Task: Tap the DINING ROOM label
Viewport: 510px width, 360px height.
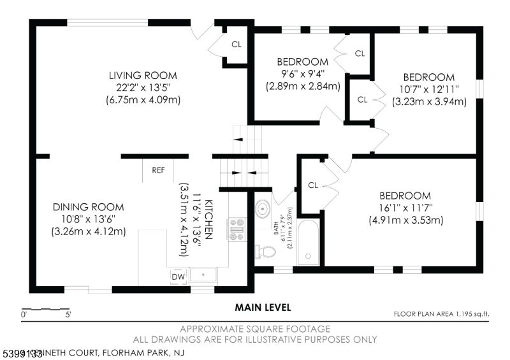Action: (x=89, y=207)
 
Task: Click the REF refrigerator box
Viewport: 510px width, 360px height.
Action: (x=158, y=170)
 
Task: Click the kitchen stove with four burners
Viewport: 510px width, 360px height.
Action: (x=237, y=229)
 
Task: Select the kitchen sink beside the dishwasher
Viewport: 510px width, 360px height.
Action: (x=203, y=276)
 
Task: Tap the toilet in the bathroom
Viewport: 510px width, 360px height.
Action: (x=265, y=252)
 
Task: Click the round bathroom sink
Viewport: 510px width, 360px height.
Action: (x=264, y=209)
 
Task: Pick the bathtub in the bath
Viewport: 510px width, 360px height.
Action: (x=309, y=242)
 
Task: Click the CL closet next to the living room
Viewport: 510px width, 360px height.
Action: (x=236, y=45)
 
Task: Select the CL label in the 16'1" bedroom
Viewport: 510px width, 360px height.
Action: (x=312, y=185)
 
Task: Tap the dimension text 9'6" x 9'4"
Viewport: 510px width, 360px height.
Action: (x=303, y=73)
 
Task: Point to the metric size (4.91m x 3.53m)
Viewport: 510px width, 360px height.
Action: (x=405, y=220)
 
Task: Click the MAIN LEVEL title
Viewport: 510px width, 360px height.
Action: (x=263, y=307)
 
